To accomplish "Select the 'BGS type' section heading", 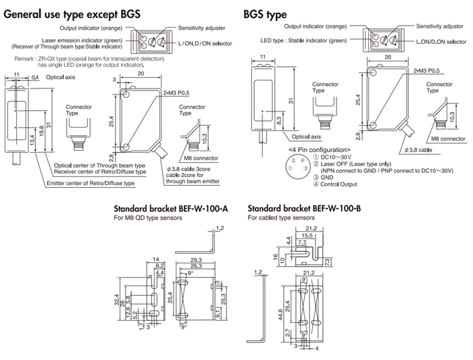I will click(265, 14).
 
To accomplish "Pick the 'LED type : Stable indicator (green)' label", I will click(304, 41).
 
